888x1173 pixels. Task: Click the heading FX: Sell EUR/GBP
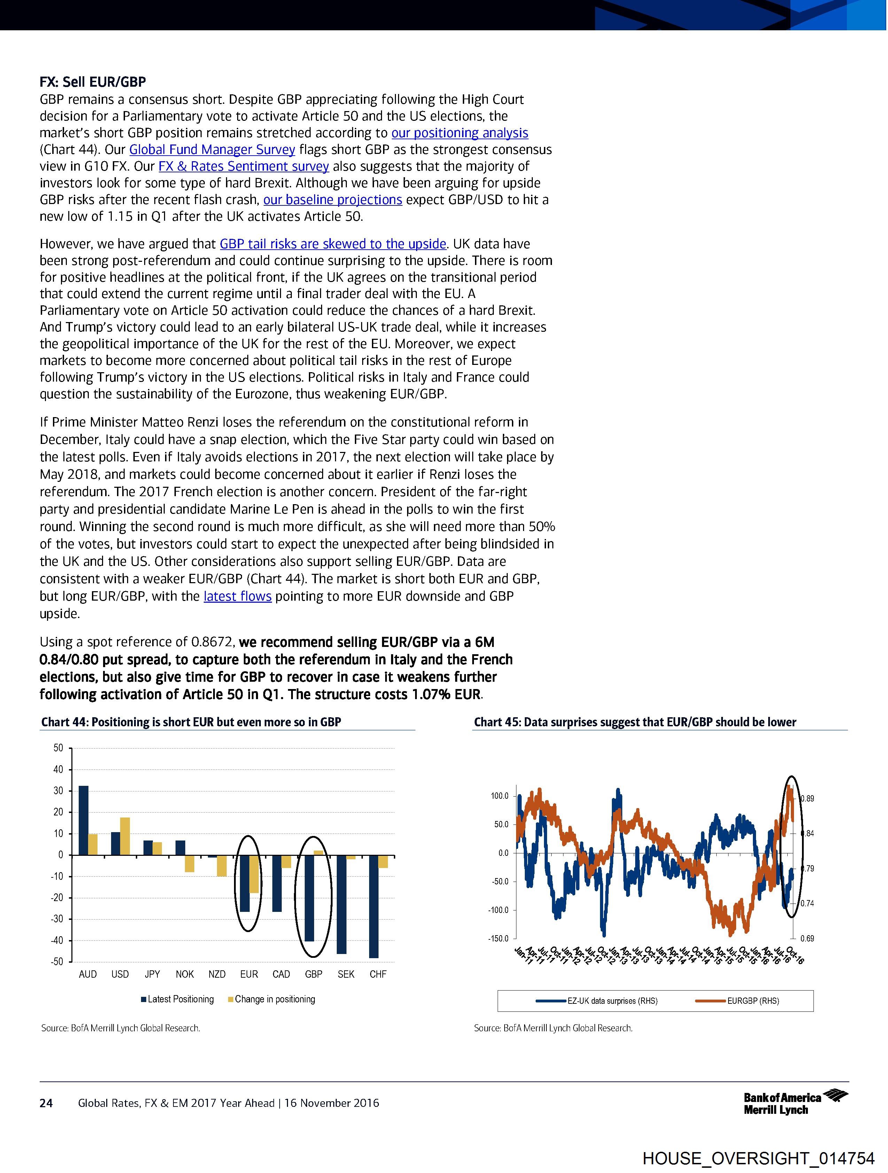pos(93,82)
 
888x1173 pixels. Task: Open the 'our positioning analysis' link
pos(459,133)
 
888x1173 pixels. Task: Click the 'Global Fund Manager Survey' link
pos(212,150)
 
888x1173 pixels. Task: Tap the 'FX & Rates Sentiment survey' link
pos(243,166)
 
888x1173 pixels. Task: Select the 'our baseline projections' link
pos(333,200)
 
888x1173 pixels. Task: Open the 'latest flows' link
pos(237,596)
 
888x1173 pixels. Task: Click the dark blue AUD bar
pos(83,820)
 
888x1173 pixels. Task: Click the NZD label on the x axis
pos(217,974)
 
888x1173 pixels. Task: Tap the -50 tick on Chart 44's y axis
pos(57,961)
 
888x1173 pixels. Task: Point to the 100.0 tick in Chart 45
pos(500,796)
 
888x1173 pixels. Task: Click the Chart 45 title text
pos(635,722)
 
